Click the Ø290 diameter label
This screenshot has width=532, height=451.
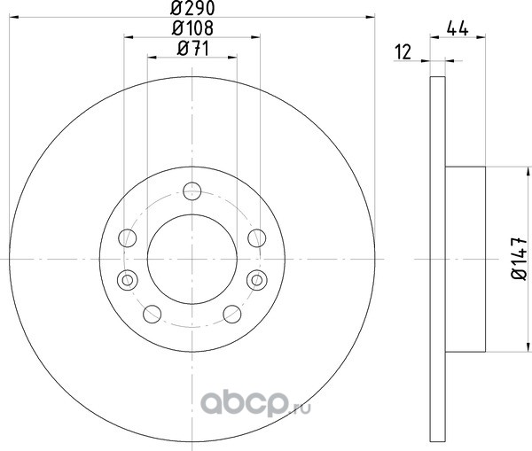[192, 8]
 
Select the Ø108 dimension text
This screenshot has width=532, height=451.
[192, 27]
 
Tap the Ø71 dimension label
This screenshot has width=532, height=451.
[193, 49]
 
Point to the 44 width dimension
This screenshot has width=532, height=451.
[458, 28]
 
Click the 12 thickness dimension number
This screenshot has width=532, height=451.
[403, 52]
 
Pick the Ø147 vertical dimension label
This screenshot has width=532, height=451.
[520, 259]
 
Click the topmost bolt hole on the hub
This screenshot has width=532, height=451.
[192, 191]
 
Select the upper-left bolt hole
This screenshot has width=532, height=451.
[128, 237]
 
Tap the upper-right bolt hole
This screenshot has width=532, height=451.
[257, 237]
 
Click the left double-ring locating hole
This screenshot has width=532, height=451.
[127, 280]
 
